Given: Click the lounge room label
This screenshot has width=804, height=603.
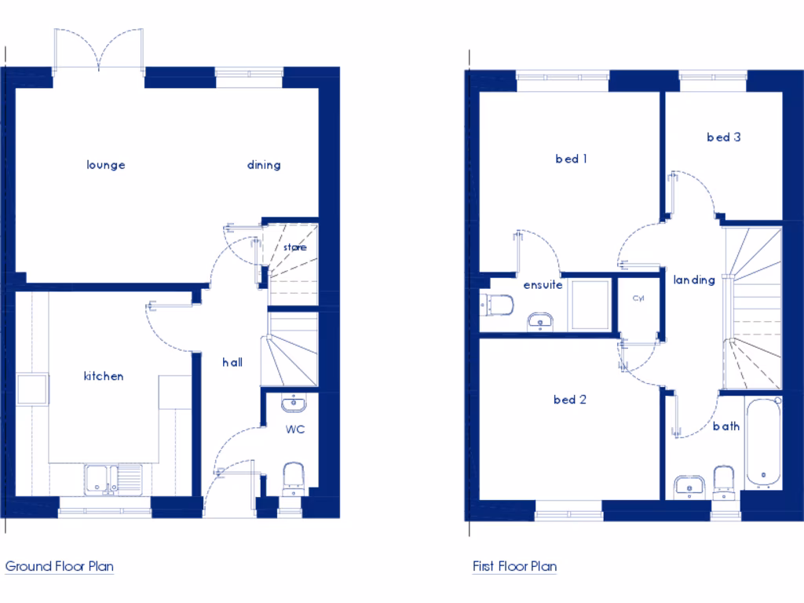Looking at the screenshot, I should coord(106,165).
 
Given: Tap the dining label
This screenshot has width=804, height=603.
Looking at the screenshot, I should coord(264,165).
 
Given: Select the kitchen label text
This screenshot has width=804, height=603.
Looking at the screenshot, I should coord(104,376).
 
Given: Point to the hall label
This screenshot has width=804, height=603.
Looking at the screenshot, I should coord(232,362).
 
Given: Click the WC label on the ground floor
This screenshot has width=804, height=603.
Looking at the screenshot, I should coord(295,429).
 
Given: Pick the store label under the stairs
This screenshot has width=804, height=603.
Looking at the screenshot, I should coord(295,247).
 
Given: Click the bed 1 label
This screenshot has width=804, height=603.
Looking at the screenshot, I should coord(572,159).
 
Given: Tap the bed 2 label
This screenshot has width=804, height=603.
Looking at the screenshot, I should coord(570,400).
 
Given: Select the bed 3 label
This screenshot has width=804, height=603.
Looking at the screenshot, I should coord(724,137).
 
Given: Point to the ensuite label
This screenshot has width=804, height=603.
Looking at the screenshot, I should coord(543,285).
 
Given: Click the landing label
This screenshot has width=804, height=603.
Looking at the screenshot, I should coord(694,280).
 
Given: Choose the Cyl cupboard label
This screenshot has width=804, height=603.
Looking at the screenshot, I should coord(638,298).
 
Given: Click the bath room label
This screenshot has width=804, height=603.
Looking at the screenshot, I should coord(726,426).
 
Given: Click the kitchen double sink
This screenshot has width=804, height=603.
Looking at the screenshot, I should coord(113,478).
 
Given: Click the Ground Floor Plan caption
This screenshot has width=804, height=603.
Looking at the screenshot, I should coord(60,566).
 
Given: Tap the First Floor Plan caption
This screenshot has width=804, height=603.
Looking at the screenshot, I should coord(514,566).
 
